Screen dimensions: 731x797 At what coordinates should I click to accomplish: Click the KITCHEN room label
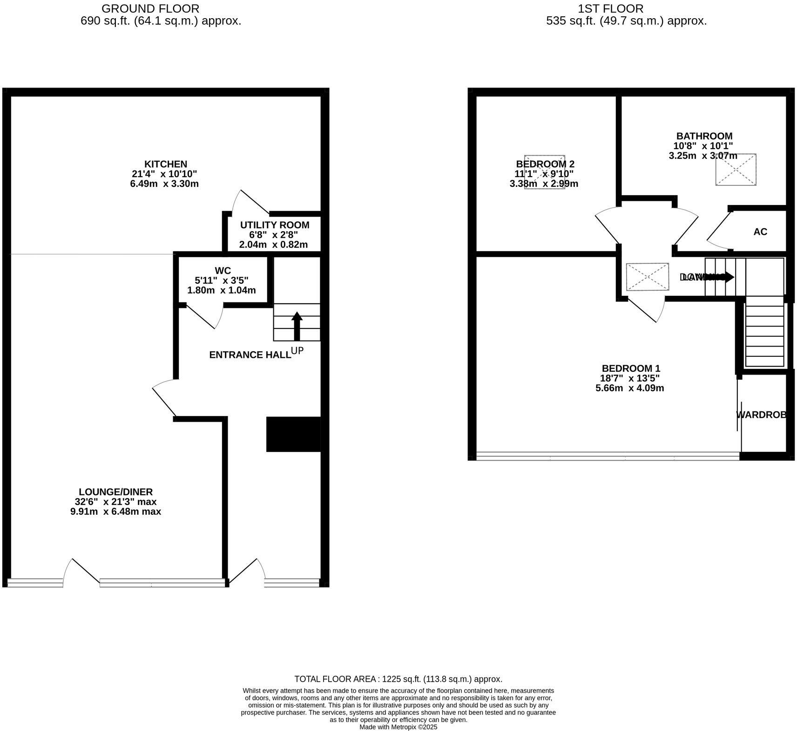165,164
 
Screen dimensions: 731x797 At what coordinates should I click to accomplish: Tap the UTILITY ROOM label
274,225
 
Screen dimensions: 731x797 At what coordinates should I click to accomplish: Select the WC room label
223,271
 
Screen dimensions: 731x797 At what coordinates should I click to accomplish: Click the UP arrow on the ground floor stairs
297,326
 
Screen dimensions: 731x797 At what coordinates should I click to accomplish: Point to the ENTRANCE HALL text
250,355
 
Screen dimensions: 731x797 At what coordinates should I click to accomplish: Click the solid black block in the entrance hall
293,434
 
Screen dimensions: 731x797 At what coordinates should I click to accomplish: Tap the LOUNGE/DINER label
115,492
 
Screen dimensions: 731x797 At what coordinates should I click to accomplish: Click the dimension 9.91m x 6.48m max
115,512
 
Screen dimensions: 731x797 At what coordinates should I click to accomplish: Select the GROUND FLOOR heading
150,8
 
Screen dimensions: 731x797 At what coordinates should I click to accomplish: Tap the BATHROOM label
704,136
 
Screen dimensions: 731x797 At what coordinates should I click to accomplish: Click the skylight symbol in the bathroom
736,170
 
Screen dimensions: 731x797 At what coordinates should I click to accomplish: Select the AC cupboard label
760,232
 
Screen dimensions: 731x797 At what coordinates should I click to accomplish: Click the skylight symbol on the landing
647,277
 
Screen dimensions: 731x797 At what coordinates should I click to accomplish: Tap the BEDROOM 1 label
630,368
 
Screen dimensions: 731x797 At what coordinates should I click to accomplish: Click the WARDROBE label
761,415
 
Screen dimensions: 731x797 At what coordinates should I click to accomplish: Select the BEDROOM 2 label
545,164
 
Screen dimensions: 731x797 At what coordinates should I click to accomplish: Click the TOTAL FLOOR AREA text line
398,679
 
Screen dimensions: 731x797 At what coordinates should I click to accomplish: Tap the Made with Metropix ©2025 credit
398,727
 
